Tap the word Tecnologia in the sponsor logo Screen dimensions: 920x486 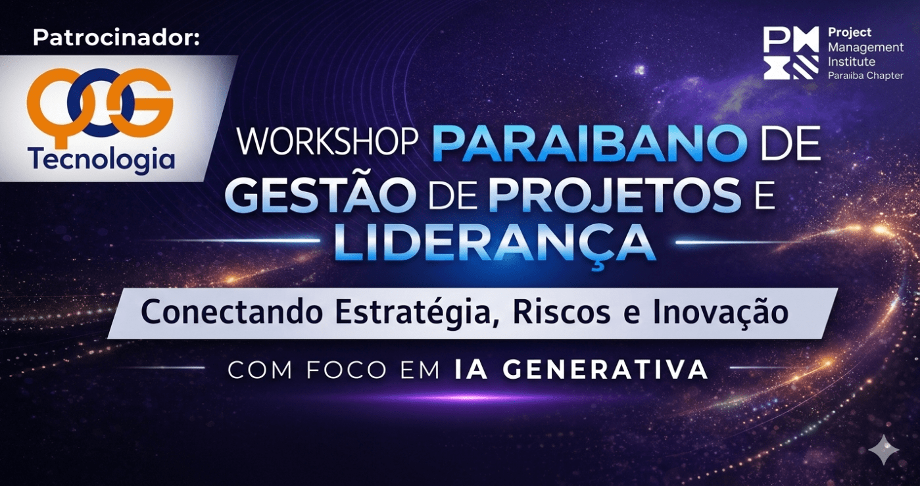[x=101, y=159]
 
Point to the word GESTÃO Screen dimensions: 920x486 [x=318, y=195]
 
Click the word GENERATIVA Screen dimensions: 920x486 [x=606, y=370]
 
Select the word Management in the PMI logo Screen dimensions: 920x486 [x=866, y=48]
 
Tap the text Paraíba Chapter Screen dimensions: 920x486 [x=865, y=76]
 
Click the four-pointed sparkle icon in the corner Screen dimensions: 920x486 [x=883, y=450]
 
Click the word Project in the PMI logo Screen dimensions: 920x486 [x=850, y=33]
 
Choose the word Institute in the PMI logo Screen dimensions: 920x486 [x=852, y=62]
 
